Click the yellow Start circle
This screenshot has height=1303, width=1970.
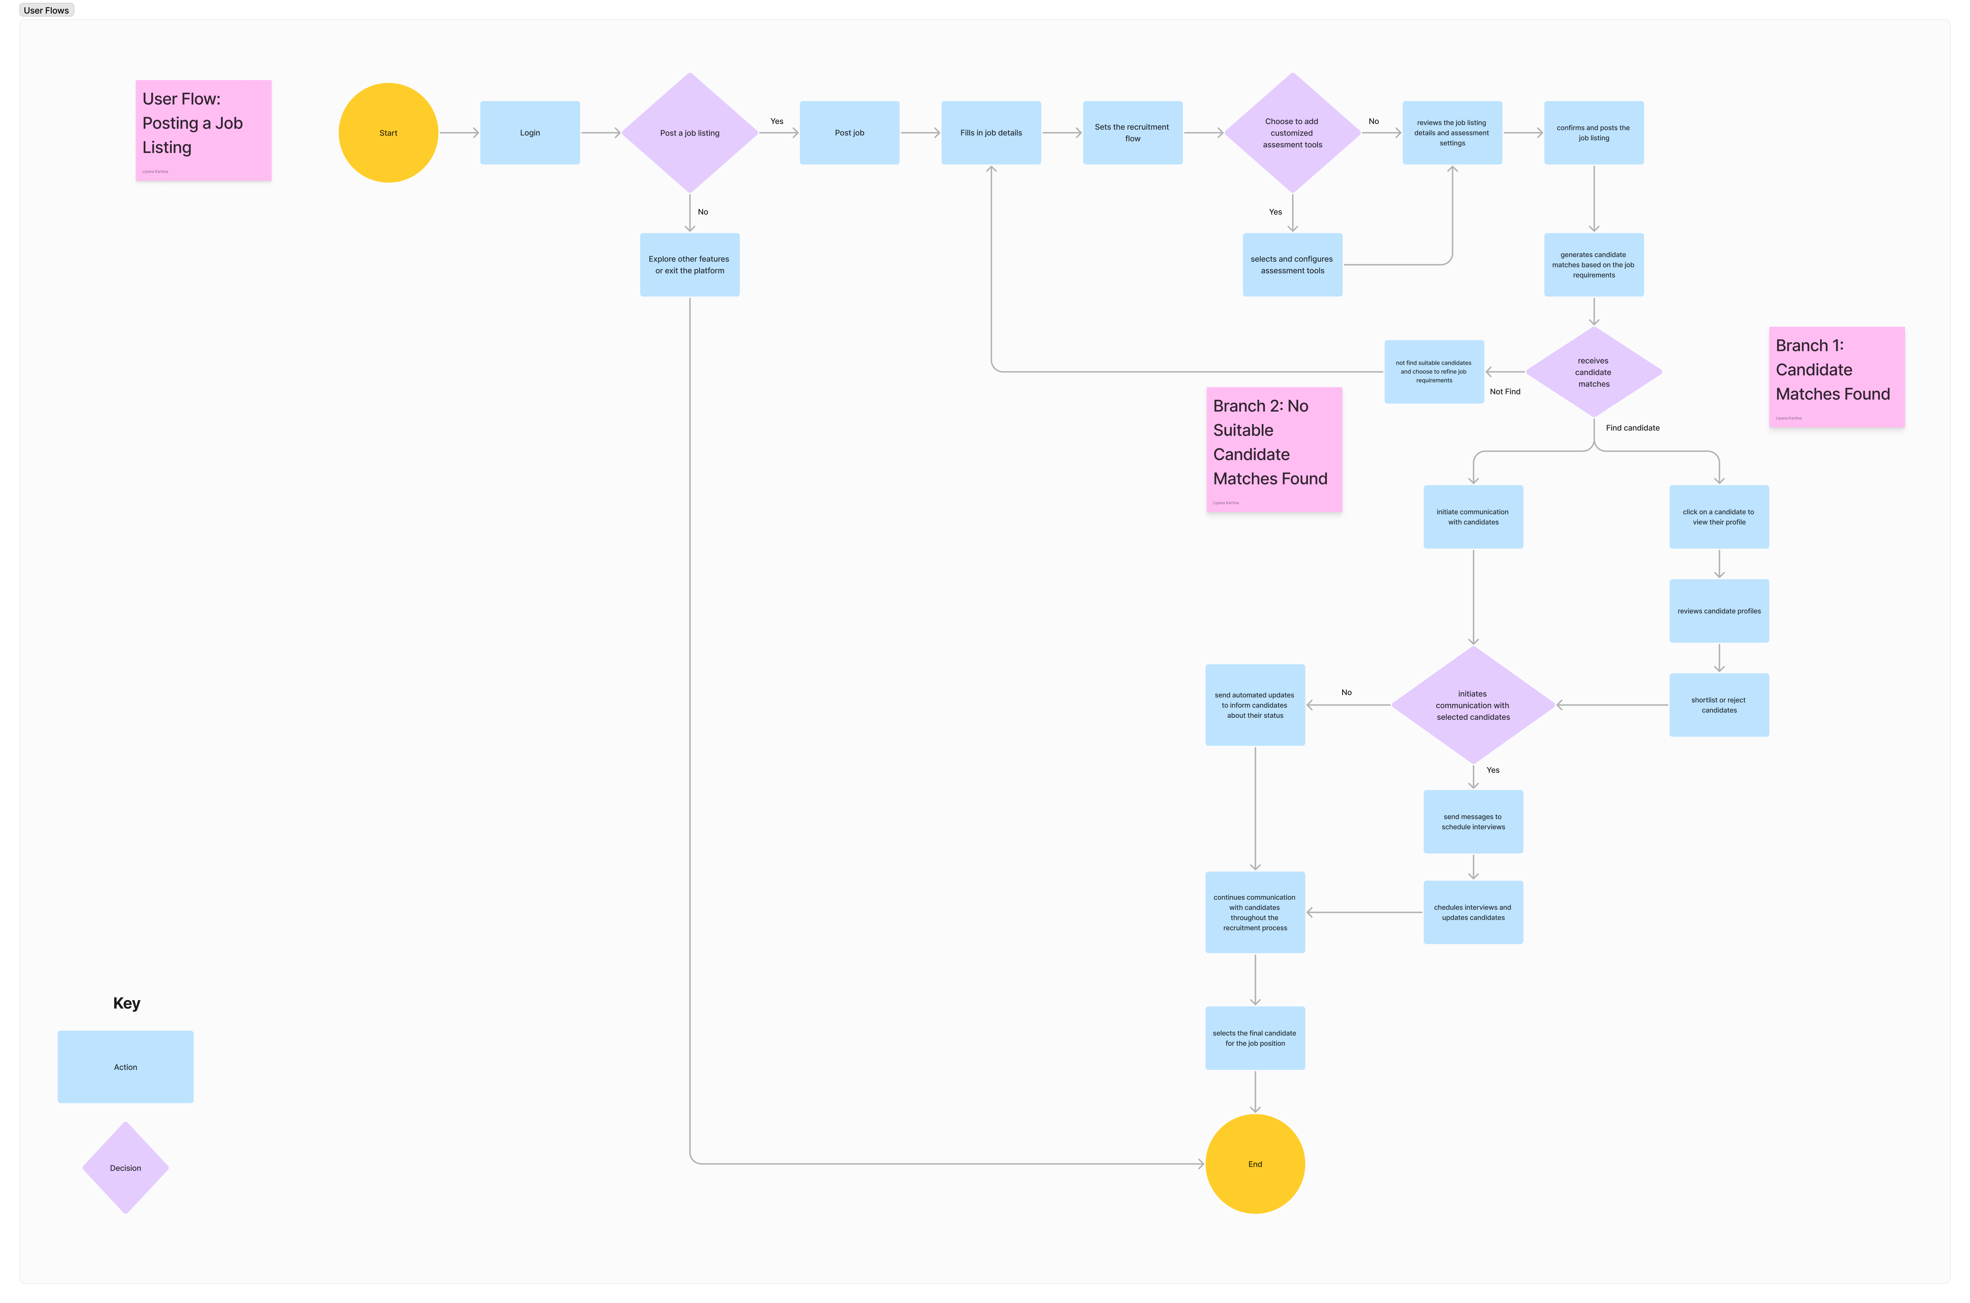(388, 133)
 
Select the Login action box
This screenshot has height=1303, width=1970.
(529, 133)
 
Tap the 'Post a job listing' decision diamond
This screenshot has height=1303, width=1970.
(690, 133)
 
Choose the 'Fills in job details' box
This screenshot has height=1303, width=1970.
(990, 133)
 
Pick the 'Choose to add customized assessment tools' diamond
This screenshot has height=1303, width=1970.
(1292, 133)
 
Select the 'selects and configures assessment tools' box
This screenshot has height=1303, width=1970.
(1292, 264)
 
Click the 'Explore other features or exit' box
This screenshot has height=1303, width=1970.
(690, 264)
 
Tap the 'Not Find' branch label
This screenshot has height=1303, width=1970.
(1505, 391)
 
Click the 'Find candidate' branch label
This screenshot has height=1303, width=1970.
(1632, 428)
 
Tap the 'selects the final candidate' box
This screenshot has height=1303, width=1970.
(1255, 1038)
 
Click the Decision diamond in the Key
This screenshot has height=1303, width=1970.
(126, 1168)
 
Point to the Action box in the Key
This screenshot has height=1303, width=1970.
(126, 1067)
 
